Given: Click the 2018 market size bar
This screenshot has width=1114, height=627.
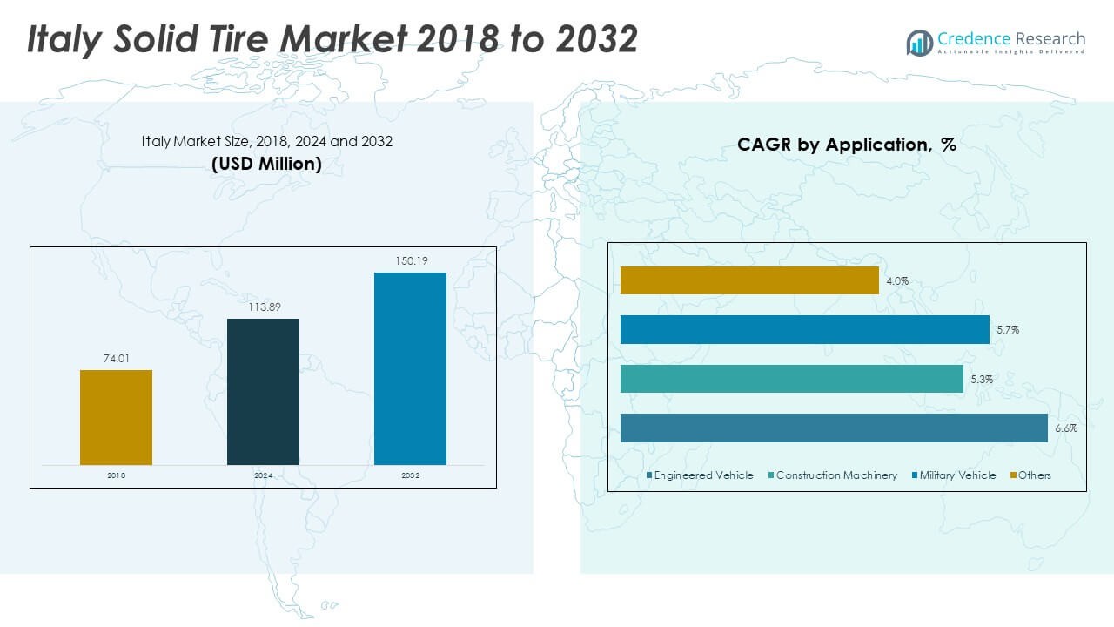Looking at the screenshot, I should (x=116, y=417).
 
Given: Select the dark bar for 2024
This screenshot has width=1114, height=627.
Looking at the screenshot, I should (x=263, y=391).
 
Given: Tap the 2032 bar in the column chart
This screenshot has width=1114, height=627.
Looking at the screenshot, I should (x=410, y=368).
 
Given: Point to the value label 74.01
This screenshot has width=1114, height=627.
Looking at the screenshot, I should (x=116, y=358).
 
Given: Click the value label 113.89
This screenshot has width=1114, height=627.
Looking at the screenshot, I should (x=263, y=307).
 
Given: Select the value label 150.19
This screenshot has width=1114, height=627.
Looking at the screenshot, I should (x=410, y=260).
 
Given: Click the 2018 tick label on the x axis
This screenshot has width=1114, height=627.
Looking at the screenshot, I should (x=116, y=475).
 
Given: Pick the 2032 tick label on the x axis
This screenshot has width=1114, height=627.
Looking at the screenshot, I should (x=410, y=475).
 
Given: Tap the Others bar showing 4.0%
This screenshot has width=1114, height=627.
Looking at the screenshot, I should (x=749, y=280).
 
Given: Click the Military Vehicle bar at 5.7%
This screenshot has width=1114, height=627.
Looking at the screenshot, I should (x=804, y=330).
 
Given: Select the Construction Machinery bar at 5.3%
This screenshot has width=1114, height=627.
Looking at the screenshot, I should (x=792, y=379).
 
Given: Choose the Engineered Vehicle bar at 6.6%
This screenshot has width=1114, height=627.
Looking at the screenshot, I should (x=834, y=428).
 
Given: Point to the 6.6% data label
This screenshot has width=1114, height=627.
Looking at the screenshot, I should (x=1065, y=428).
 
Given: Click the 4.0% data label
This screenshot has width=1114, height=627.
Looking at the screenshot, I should (x=897, y=281).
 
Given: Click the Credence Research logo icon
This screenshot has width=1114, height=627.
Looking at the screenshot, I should (x=919, y=42).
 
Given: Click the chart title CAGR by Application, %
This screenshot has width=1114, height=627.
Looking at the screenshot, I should (x=846, y=145).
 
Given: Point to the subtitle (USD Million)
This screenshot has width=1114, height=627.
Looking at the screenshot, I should (x=266, y=164).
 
